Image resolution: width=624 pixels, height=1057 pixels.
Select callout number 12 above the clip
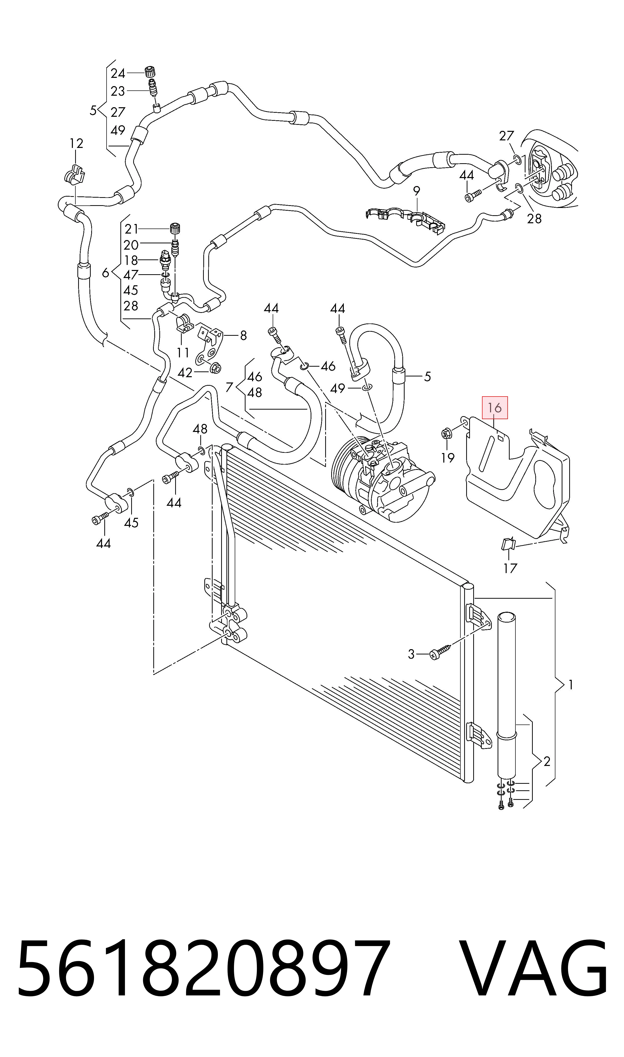[x=76, y=144]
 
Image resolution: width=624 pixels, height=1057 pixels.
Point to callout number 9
[x=416, y=191]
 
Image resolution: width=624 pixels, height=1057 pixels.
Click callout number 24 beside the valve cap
[x=118, y=74]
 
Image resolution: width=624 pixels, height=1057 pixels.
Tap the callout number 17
[x=510, y=568]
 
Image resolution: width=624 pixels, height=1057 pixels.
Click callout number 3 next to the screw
[x=411, y=654]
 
